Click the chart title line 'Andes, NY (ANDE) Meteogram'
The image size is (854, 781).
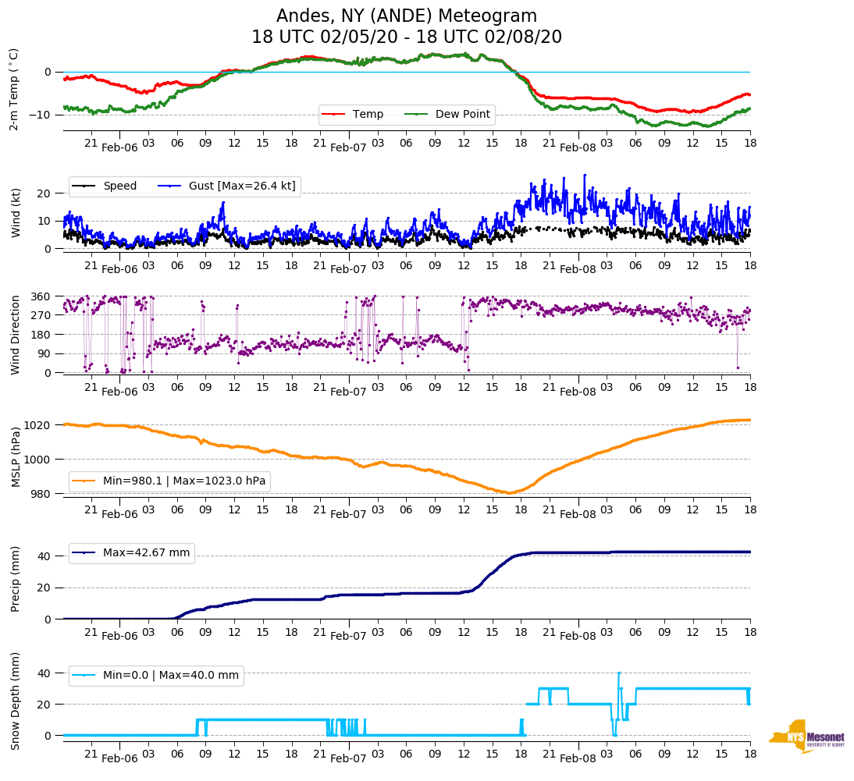click(x=406, y=16)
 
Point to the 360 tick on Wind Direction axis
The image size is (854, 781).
click(x=41, y=296)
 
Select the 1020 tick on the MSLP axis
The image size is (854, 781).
click(x=38, y=425)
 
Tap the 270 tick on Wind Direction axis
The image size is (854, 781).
click(x=41, y=315)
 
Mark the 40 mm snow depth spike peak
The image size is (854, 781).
click(x=619, y=673)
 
